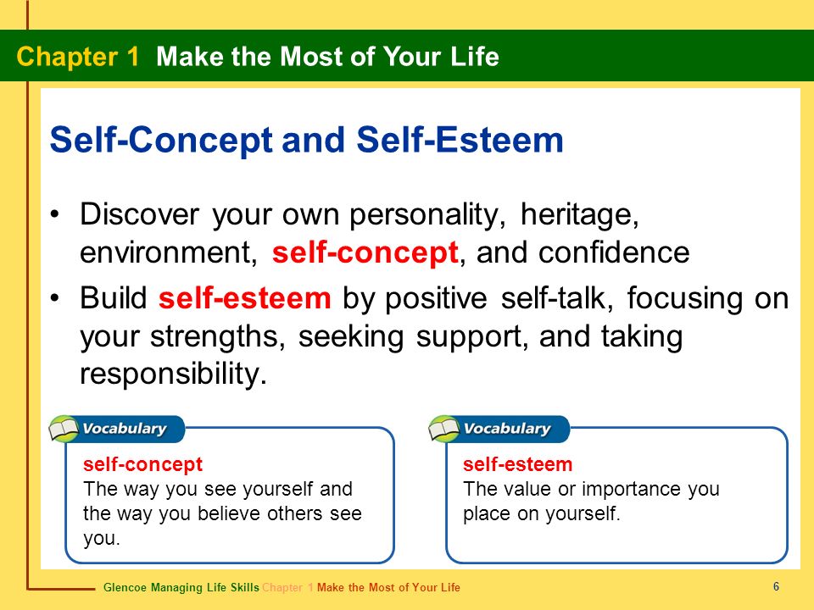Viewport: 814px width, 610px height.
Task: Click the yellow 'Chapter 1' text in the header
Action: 78,57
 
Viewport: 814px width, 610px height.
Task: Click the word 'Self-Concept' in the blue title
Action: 161,140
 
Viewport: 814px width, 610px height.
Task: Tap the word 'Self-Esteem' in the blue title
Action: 460,140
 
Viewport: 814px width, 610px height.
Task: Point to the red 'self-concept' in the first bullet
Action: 365,253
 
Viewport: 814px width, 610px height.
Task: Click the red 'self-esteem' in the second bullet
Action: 244,298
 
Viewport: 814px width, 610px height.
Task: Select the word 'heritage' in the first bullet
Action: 579,215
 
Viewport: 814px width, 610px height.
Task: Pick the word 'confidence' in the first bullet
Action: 614,252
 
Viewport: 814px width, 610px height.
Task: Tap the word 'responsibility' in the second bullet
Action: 173,374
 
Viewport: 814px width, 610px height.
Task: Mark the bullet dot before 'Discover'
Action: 55,214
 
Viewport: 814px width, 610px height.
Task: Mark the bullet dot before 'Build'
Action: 55,298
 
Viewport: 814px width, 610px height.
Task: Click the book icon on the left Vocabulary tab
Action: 64,429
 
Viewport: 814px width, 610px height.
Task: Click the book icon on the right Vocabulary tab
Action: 443,429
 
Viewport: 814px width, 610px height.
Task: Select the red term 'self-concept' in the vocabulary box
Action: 142,464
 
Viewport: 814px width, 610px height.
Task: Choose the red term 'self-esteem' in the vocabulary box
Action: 517,464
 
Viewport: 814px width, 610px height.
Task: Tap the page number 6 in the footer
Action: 776,586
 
